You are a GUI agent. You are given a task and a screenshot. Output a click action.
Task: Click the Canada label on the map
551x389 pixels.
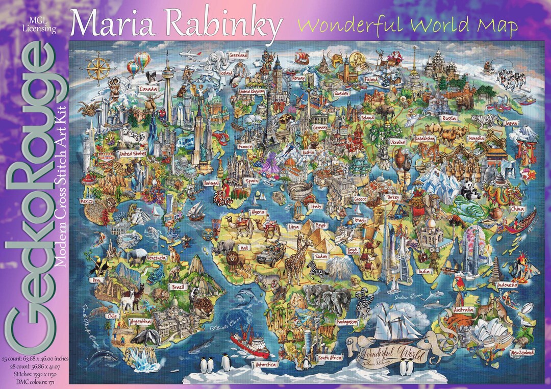(x=148, y=90)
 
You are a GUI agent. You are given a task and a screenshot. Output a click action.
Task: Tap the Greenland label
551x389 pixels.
(x=238, y=54)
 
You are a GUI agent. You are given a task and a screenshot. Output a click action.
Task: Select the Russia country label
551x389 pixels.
(x=448, y=118)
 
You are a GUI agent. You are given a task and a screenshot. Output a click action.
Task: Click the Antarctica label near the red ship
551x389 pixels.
(x=265, y=365)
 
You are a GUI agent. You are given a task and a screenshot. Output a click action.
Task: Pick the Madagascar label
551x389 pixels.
(x=346, y=322)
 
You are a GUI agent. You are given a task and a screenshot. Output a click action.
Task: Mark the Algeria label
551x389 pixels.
(x=257, y=212)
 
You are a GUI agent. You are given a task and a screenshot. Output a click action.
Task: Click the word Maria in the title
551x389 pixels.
(x=109, y=23)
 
